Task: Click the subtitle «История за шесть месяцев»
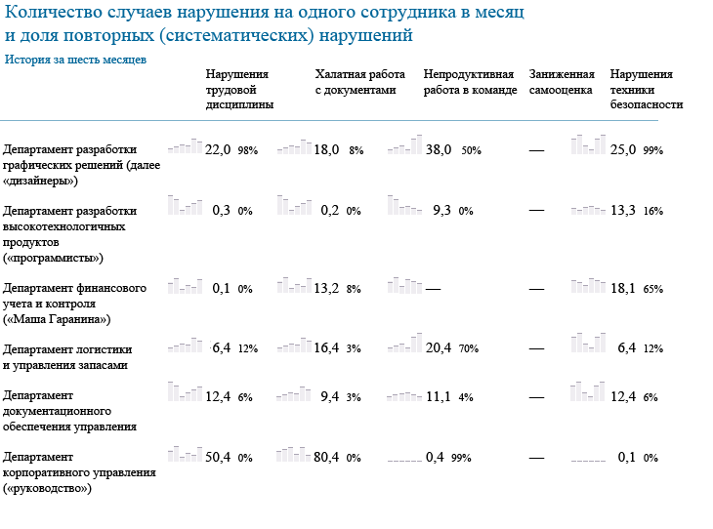click(75, 60)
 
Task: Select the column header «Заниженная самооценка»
click(562, 82)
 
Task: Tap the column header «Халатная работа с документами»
click(359, 82)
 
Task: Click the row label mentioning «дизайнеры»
click(71, 165)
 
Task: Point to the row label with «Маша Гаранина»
click(75, 304)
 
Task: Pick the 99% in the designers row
click(653, 150)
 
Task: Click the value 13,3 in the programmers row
click(623, 210)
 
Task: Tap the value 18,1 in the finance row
click(623, 288)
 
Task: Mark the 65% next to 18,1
click(653, 289)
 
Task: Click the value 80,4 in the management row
click(326, 456)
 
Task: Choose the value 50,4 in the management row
click(218, 456)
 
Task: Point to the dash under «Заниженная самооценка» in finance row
click(536, 288)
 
